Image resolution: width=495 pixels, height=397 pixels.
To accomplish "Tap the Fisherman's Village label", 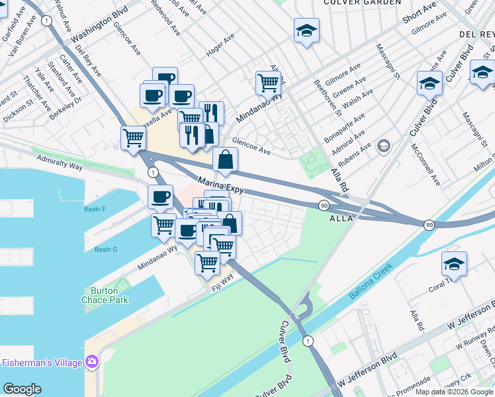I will tap(42, 363).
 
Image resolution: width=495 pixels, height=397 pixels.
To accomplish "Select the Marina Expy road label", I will tap(221, 185).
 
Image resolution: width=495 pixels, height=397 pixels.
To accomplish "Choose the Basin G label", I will tap(105, 249).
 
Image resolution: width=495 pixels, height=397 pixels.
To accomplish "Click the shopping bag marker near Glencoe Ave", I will tap(225, 159).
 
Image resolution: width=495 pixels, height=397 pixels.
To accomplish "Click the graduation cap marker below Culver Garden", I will tap(306, 30).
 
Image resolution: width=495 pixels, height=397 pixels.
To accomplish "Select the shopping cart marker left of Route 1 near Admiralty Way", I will tap(133, 138).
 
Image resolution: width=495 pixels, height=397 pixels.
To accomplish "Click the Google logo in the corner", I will tap(22, 389).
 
